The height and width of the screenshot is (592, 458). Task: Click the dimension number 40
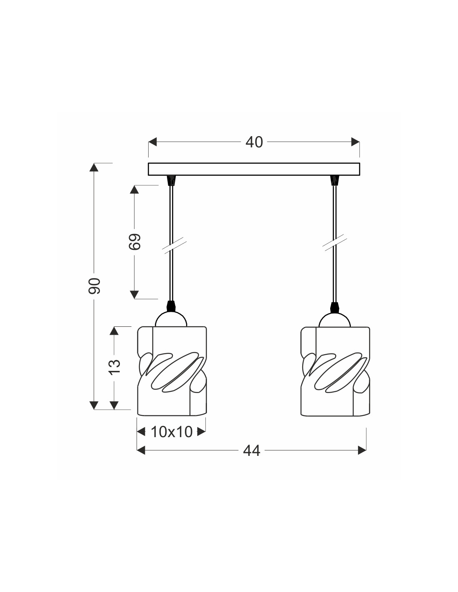tap(254, 142)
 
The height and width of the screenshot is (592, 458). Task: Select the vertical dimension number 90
tap(95, 286)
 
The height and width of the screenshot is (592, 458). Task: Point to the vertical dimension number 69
tap(134, 241)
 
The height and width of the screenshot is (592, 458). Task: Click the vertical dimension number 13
tap(114, 367)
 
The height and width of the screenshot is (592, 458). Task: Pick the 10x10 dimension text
tap(172, 432)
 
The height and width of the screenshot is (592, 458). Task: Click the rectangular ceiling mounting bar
tap(254, 169)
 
